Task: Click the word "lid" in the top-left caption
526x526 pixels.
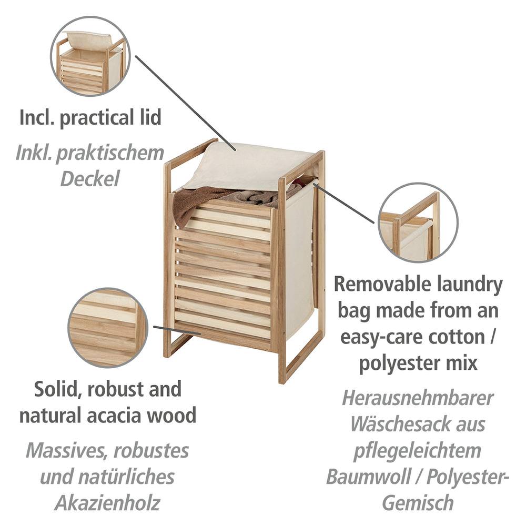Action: click(151, 117)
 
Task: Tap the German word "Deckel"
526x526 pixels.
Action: click(89, 178)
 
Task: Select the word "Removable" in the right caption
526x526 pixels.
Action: click(383, 284)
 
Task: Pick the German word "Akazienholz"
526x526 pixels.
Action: click(107, 503)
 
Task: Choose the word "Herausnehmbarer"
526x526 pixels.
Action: click(418, 398)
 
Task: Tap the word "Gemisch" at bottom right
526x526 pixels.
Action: click(418, 503)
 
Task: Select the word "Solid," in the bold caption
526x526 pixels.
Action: click(58, 389)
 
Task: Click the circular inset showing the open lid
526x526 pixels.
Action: click(90, 56)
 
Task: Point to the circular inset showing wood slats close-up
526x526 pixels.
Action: click(108, 327)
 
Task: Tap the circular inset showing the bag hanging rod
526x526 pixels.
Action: click(418, 222)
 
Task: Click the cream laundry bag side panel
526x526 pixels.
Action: click(299, 265)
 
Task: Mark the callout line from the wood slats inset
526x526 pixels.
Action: click(177, 330)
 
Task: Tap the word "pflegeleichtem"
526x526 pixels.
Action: click(418, 451)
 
